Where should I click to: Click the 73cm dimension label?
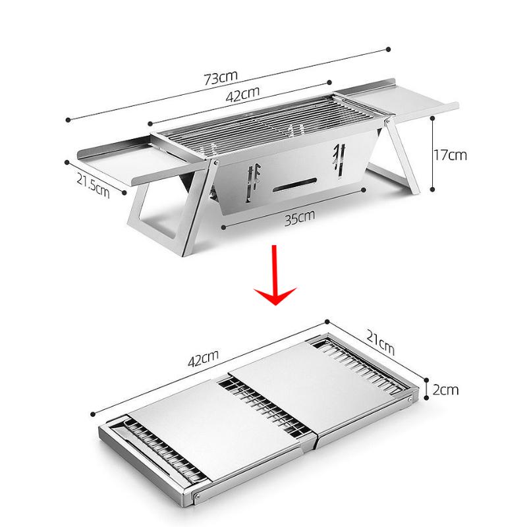pyautogui.click(x=220, y=78)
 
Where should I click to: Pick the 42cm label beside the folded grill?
pyautogui.click(x=202, y=358)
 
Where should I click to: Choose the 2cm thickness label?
pyautogui.click(x=445, y=389)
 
